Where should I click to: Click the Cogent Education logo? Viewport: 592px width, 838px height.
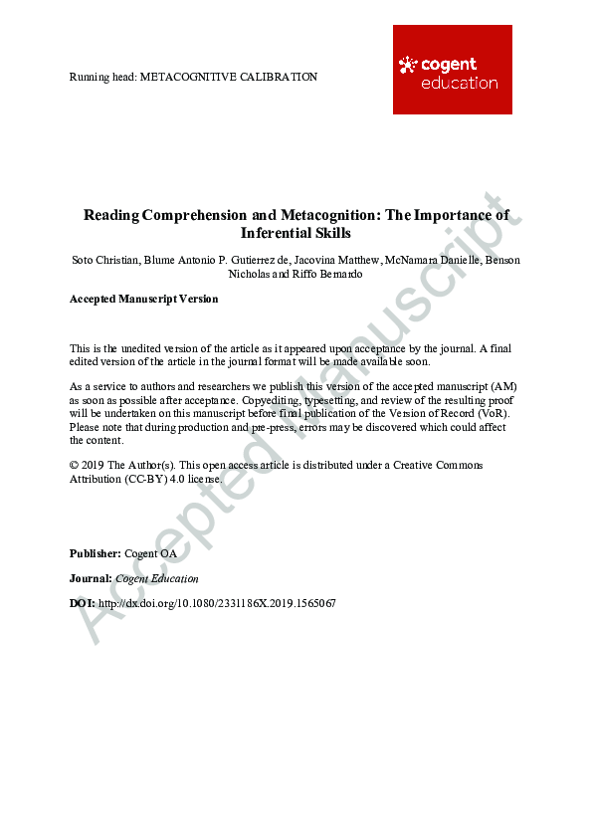click(x=452, y=70)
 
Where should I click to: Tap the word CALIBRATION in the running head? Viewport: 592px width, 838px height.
click(x=281, y=77)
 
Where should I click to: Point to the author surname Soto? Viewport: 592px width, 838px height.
click(x=84, y=260)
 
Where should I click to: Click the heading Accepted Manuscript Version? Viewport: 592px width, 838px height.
click(x=143, y=299)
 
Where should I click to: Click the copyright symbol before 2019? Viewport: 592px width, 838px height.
click(x=75, y=465)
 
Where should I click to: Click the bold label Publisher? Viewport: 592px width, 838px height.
click(x=96, y=552)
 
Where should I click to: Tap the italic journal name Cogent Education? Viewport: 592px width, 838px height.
click(x=157, y=578)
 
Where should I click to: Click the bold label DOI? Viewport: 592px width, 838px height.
click(x=83, y=603)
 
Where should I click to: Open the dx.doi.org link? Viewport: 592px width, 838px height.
click(x=217, y=603)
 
